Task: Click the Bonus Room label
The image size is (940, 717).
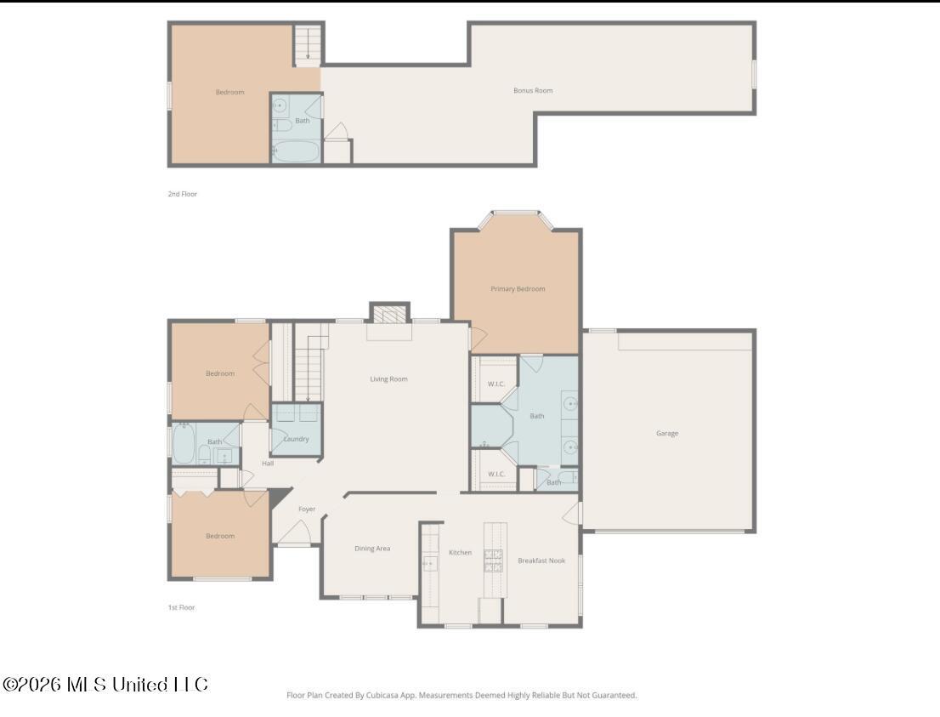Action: (533, 90)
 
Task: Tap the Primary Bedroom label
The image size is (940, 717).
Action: (518, 289)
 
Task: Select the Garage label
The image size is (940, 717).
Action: (667, 434)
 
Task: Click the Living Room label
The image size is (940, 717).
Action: (388, 379)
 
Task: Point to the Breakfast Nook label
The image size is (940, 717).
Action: (541, 561)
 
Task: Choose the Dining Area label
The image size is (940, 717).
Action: (372, 549)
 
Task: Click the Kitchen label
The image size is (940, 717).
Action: (460, 553)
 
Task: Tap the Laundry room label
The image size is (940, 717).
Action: (296, 439)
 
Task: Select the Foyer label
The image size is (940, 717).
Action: (307, 509)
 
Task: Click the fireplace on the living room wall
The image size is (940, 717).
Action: (389, 316)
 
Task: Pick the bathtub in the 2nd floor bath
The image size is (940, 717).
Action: (296, 152)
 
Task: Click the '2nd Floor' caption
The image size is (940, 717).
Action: (182, 194)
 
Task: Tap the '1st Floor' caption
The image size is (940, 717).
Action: (181, 607)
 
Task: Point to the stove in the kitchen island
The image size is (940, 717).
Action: (493, 561)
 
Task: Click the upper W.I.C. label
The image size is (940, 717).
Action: (496, 384)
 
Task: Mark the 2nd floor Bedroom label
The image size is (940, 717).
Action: (229, 92)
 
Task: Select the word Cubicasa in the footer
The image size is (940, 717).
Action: (383, 695)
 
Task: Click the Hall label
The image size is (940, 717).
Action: (268, 464)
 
